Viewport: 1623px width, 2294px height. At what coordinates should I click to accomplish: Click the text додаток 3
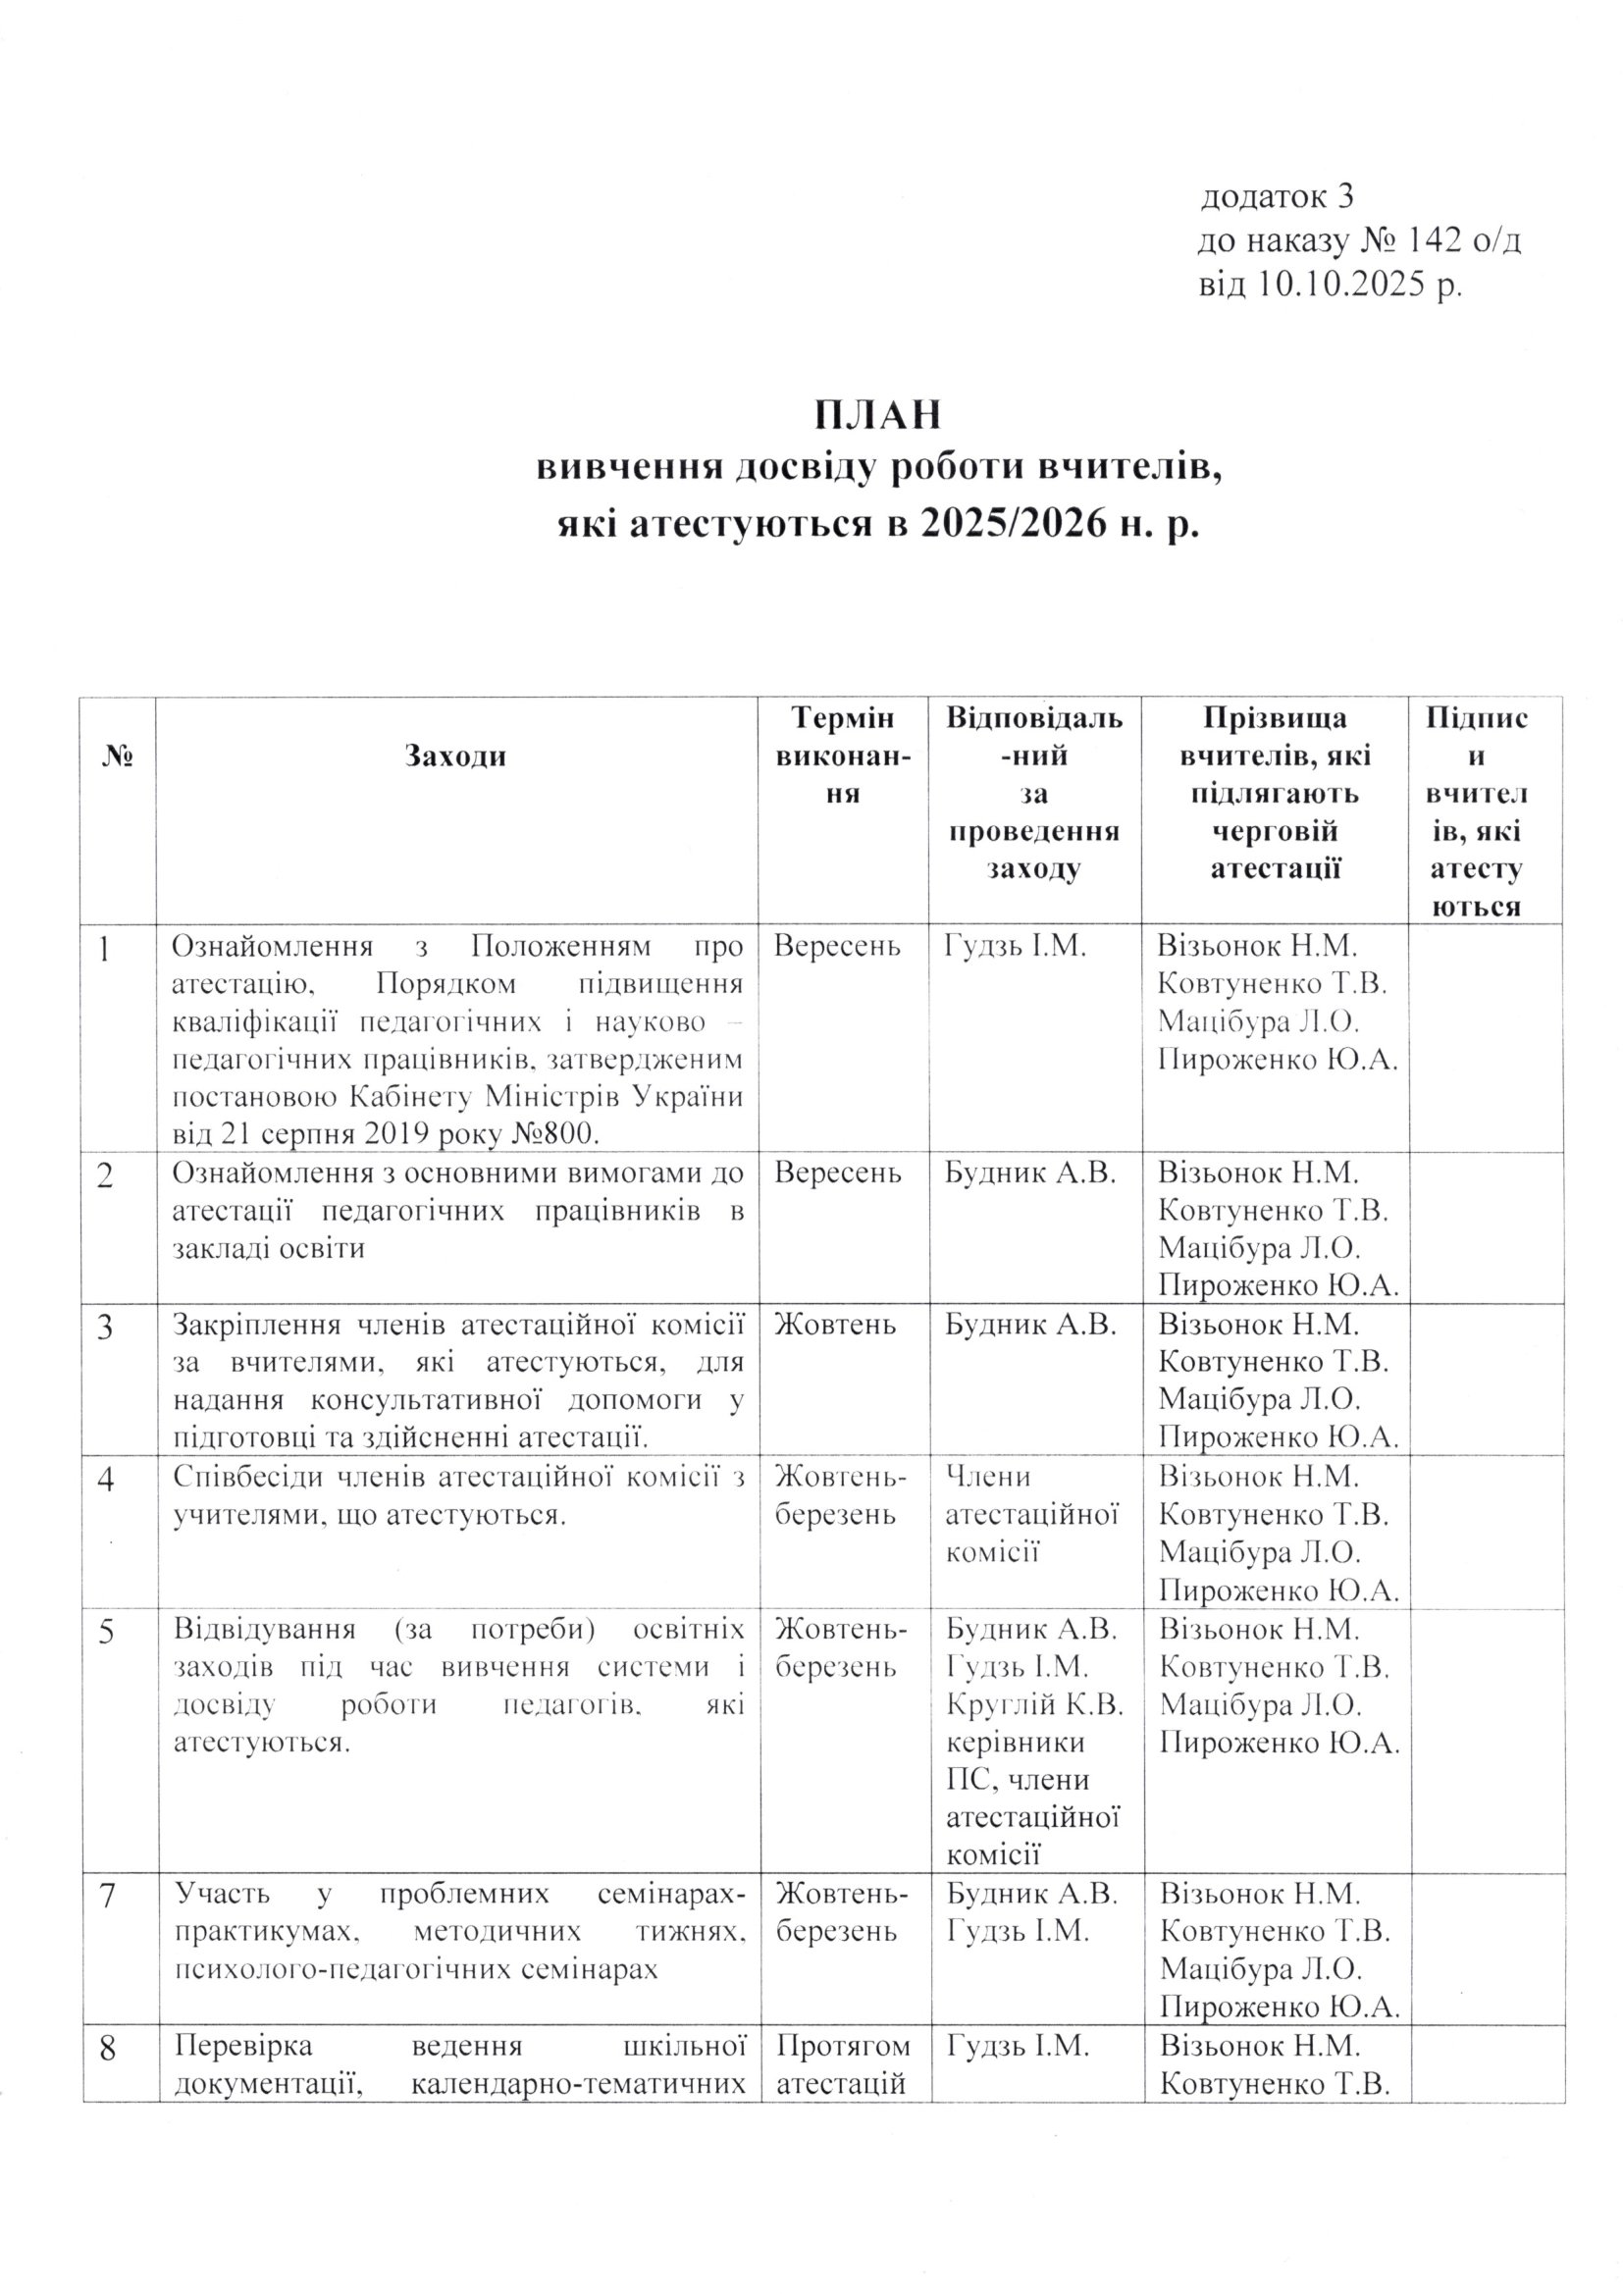point(1277,197)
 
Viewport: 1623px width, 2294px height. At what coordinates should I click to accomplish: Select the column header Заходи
point(455,757)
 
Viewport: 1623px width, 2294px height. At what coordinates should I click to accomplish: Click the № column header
point(118,757)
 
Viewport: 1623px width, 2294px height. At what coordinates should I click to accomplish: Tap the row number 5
point(105,1632)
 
